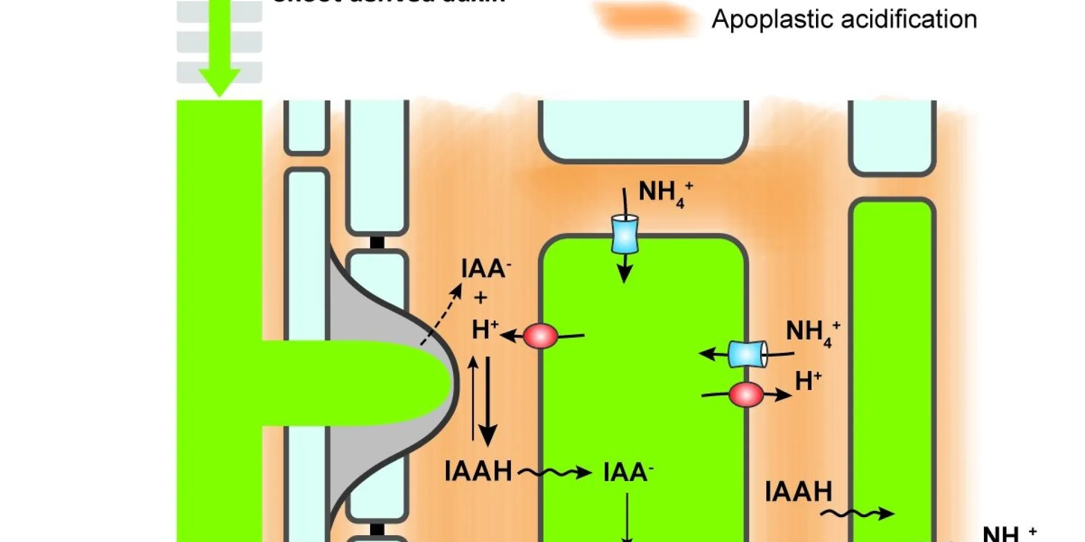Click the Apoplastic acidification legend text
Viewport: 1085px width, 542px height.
(844, 20)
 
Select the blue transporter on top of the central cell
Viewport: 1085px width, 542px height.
(625, 234)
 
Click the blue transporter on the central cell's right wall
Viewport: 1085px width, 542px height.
(747, 354)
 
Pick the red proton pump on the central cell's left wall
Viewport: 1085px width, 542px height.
(540, 336)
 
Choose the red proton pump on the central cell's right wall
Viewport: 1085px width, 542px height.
(746, 395)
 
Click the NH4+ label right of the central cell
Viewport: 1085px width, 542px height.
(813, 333)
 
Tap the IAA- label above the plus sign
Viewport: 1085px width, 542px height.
(485, 269)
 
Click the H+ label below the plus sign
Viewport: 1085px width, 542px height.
(485, 330)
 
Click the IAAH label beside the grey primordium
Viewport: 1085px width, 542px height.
(478, 471)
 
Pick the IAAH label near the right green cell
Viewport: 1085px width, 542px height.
(798, 492)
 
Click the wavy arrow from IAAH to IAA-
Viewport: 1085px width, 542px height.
(554, 472)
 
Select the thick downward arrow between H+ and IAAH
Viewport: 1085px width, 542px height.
(488, 401)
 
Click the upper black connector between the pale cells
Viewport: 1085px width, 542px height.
(377, 243)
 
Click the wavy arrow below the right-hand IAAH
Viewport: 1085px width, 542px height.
(857, 513)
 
